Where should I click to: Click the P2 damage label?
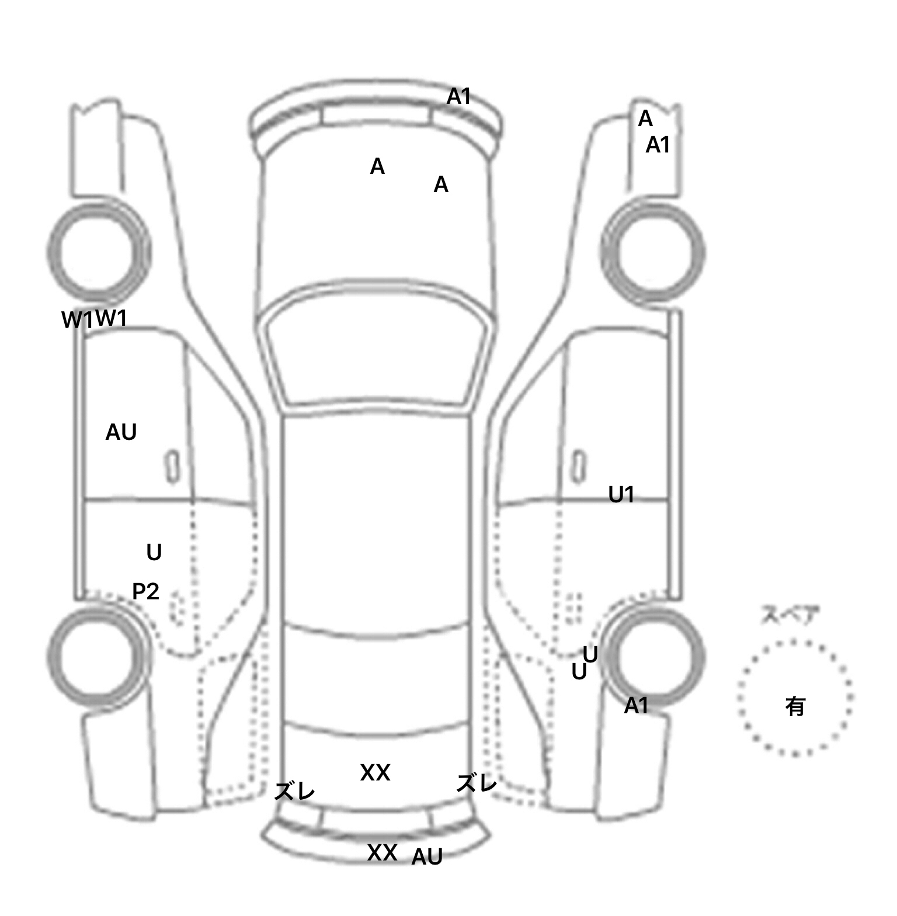[x=145, y=592]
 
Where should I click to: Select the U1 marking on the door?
[x=621, y=495]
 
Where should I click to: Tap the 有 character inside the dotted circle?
[x=795, y=707]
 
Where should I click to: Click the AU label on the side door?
[x=121, y=432]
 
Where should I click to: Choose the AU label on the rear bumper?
[x=427, y=857]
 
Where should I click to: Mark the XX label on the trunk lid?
[x=375, y=773]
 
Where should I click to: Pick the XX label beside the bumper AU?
[x=382, y=853]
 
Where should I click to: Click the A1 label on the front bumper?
[x=458, y=96]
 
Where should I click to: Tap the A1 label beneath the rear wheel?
[x=636, y=706]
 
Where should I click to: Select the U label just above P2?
[x=154, y=552]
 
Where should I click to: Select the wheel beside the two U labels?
[x=653, y=657]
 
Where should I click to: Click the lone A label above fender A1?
[x=645, y=119]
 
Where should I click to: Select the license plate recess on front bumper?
[x=376, y=115]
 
